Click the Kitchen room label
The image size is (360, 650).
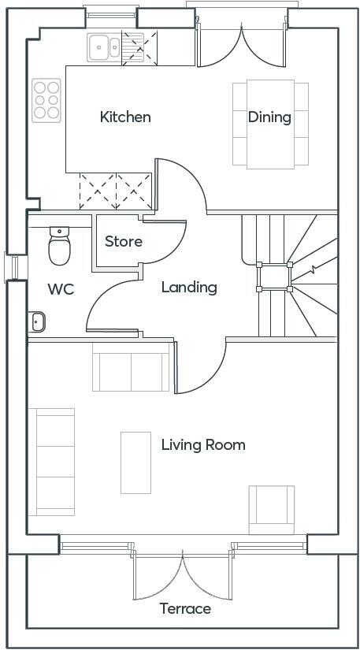tap(125, 117)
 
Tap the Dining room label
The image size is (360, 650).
tap(269, 117)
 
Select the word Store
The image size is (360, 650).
tap(124, 241)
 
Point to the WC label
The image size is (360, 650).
tap(61, 289)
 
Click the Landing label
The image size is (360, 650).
tap(189, 288)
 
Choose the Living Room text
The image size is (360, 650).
tap(203, 445)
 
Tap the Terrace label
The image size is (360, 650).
tap(185, 609)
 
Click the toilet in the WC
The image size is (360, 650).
tap(59, 247)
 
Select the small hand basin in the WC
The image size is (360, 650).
tap(36, 321)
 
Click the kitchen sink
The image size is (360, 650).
tap(104, 47)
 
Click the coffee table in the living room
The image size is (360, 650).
tap(135, 462)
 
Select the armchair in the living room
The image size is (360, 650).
tap(272, 510)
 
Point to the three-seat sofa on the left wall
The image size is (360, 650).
tap(51, 462)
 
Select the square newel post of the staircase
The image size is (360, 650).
tap(273, 277)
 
